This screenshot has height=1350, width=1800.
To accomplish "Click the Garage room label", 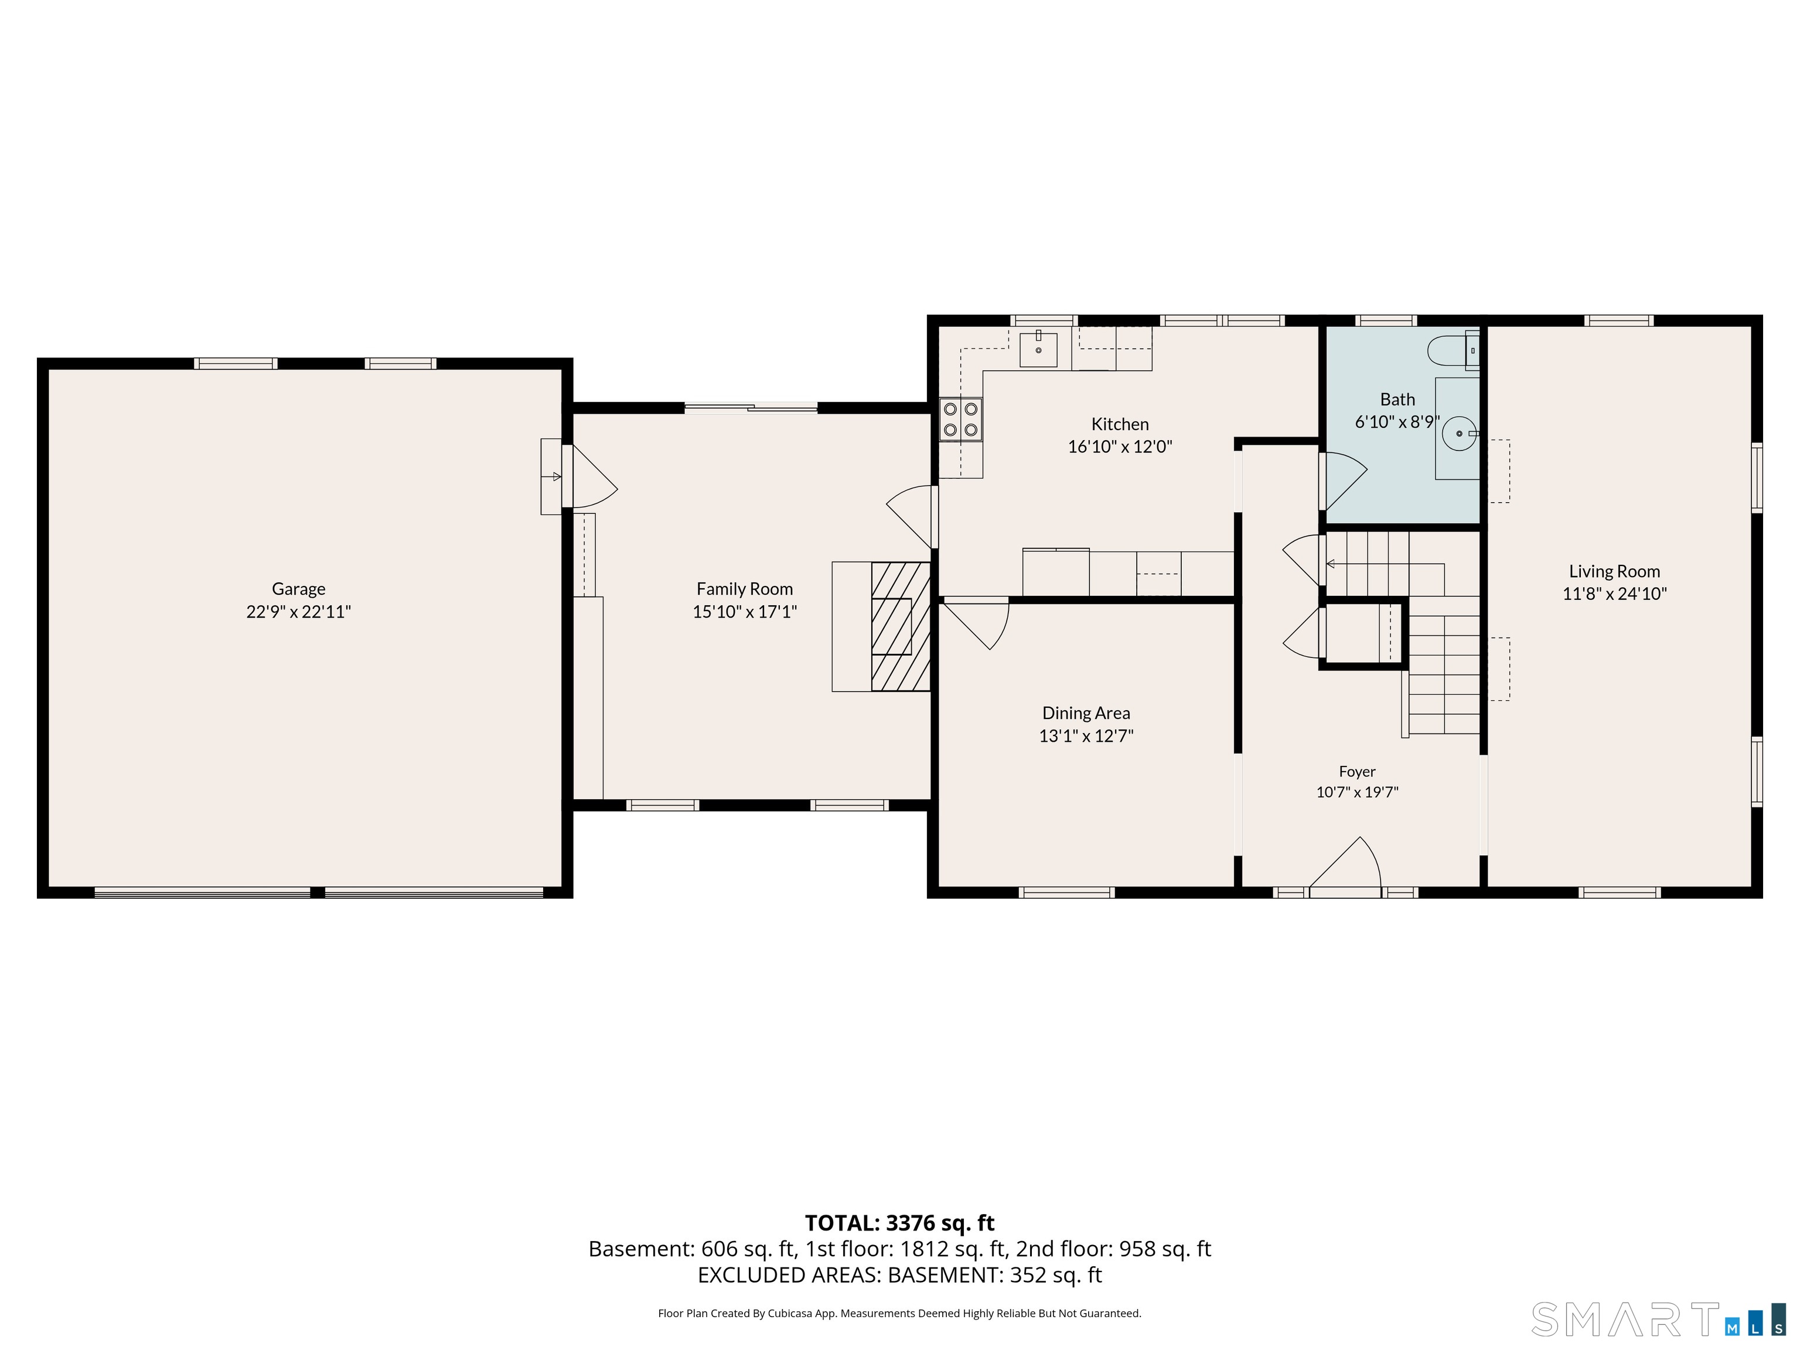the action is pos(299,588).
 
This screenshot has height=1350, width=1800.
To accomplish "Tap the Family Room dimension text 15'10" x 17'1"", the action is pos(745,611).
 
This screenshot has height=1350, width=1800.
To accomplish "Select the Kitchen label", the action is pos(1120,424).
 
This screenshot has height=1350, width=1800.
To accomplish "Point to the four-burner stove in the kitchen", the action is pos(961,419).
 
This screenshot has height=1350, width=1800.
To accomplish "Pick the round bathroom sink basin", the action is pos(1459,434).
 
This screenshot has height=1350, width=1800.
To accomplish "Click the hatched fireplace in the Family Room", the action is pos(901,626).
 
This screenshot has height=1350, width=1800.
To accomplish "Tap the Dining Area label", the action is pos(1086,713).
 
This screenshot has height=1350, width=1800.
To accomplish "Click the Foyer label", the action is pos(1357,772).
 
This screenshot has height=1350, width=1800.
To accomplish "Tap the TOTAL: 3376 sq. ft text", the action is pos(900,1223).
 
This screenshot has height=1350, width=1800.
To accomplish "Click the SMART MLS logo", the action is pos(1658,1319).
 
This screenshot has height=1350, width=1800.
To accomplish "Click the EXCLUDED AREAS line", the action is pos(900,1274).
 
